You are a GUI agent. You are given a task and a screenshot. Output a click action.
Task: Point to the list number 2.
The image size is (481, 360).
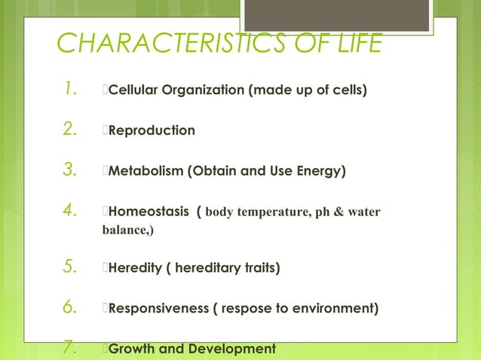pos(72,131)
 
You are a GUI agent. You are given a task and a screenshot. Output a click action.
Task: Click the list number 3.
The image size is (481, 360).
pos(72,171)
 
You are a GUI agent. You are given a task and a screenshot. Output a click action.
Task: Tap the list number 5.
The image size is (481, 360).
pos(72,267)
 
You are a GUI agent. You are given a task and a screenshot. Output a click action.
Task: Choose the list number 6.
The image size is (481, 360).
pos(72,309)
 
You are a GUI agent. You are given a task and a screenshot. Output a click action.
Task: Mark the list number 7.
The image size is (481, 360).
pos(72,348)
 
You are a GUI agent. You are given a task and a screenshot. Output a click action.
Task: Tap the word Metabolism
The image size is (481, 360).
pos(144,171)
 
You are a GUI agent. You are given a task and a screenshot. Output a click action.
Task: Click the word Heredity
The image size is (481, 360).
pos(134,267)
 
